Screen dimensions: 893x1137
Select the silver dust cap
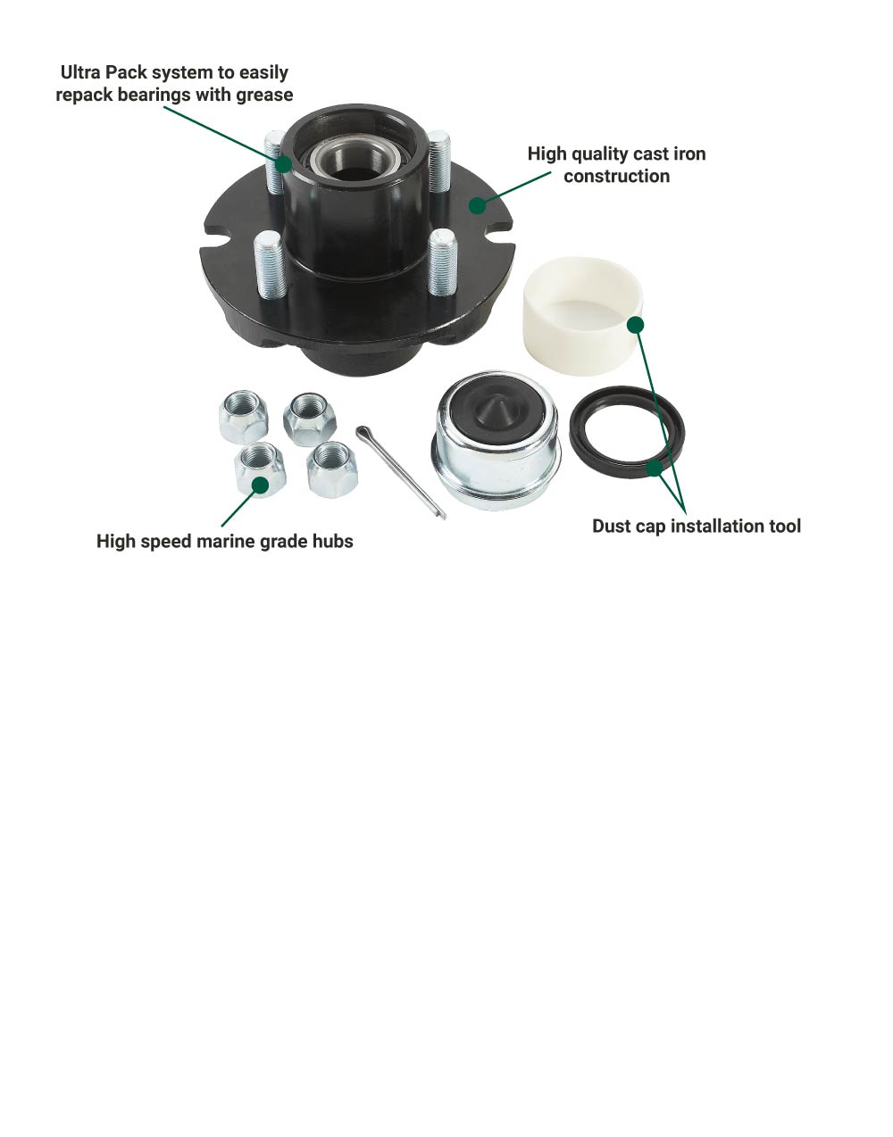496,440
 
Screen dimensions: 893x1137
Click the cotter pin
400,472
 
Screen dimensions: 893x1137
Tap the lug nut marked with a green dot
260,469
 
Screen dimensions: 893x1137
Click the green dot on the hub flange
477,205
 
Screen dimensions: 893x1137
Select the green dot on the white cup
635,325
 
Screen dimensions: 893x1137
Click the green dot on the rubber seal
655,468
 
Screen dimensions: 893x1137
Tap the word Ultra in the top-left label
80,72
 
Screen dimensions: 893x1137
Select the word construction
617,177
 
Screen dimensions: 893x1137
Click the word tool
782,526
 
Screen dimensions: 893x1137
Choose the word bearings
154,95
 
